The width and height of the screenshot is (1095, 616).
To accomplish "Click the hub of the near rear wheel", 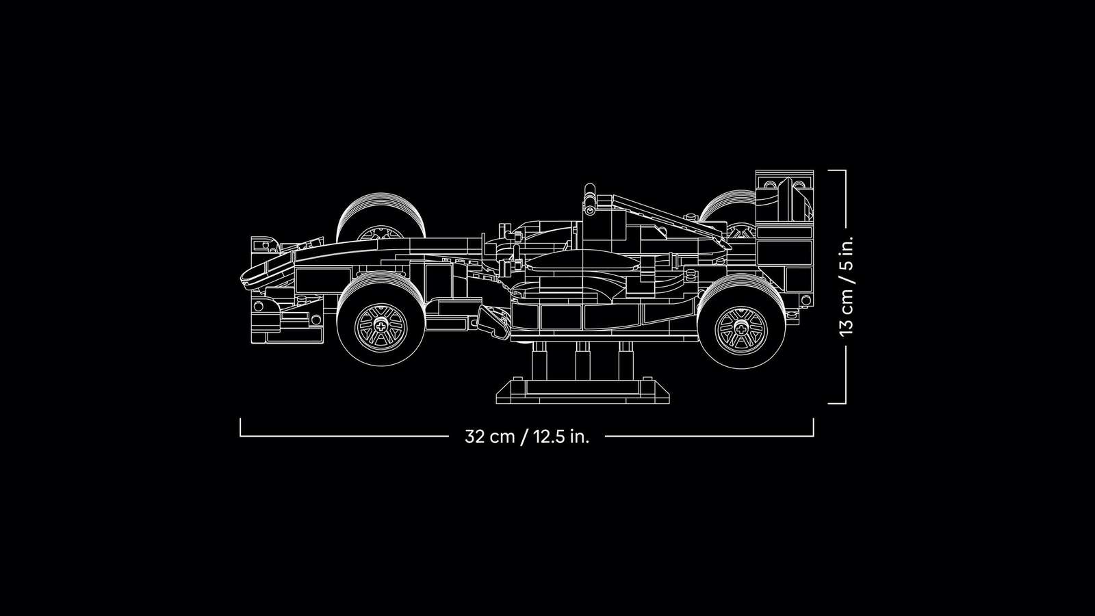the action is pyautogui.click(x=741, y=329).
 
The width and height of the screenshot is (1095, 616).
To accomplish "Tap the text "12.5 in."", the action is pyautogui.click(x=562, y=436).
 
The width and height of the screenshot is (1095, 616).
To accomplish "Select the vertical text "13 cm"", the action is pyautogui.click(x=846, y=313).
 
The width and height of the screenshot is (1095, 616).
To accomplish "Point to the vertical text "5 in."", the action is pyautogui.click(x=846, y=253).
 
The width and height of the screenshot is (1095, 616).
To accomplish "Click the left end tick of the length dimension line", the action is pyautogui.click(x=240, y=427).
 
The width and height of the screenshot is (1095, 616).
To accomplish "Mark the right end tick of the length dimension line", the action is pyautogui.click(x=814, y=427).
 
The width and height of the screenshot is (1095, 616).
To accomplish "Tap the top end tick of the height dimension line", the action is pyautogui.click(x=836, y=170).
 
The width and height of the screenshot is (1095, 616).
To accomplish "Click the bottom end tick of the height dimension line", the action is pyautogui.click(x=836, y=403).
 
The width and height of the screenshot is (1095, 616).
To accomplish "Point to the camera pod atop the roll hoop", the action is pyautogui.click(x=590, y=198).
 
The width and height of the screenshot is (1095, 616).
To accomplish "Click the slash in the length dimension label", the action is pyautogui.click(x=524, y=436).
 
